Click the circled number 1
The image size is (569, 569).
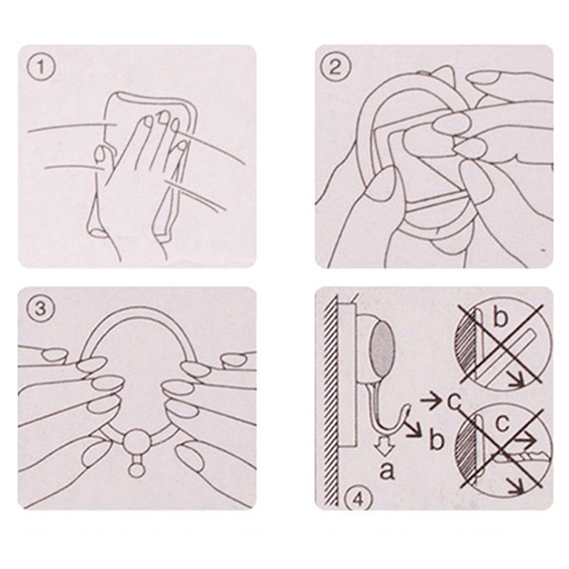click(41, 68)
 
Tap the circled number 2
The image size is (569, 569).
click(335, 68)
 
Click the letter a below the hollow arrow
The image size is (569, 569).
click(387, 471)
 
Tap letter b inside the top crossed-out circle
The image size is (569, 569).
click(500, 318)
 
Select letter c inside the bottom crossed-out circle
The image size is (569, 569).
click(502, 423)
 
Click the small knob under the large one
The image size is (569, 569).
click(137, 469)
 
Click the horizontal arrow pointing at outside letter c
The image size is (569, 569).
click(430, 401)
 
